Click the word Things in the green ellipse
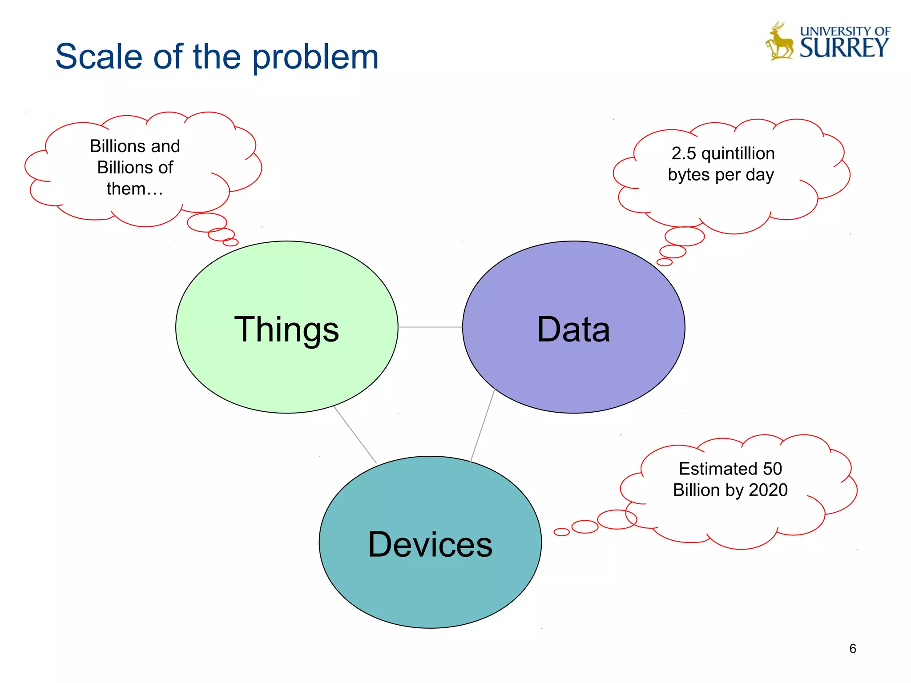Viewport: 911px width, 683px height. pyautogui.click(x=286, y=329)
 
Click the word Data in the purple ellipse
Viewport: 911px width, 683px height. pyautogui.click(x=573, y=329)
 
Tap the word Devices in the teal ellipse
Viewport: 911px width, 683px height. pyautogui.click(x=430, y=545)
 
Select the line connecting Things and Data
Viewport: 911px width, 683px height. pyautogui.click(x=430, y=327)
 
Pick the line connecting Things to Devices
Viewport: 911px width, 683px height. pyautogui.click(x=355, y=434)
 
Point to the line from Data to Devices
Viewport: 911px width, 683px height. pyautogui.click(x=483, y=425)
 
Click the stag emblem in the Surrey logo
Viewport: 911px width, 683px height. pyautogui.click(x=779, y=42)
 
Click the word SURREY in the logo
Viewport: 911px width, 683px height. pyautogui.click(x=844, y=48)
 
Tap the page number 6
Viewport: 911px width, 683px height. pyautogui.click(x=852, y=649)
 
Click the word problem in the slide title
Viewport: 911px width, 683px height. pyautogui.click(x=315, y=57)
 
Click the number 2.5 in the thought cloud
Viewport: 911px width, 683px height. pyautogui.click(x=683, y=153)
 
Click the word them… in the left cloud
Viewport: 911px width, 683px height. pyautogui.click(x=135, y=189)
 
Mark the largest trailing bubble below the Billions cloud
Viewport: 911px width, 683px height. pyautogui.click(x=207, y=222)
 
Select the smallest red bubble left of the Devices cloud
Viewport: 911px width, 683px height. pyautogui.click(x=561, y=532)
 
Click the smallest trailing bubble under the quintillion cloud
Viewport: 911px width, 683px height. pyautogui.click(x=664, y=262)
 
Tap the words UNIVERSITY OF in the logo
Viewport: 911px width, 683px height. pyautogui.click(x=845, y=31)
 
